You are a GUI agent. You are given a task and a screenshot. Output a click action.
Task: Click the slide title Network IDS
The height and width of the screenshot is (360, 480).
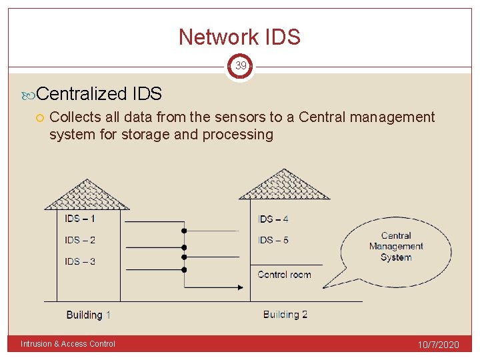coord(239,37)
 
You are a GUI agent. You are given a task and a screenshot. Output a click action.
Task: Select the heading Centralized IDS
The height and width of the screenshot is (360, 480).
coord(100,94)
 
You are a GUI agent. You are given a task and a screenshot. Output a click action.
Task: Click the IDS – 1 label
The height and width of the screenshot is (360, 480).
coord(80,218)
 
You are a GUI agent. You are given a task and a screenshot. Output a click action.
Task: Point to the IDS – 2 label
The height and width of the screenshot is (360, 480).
coord(80,240)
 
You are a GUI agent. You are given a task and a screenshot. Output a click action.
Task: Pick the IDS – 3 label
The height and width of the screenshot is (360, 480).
coord(80,261)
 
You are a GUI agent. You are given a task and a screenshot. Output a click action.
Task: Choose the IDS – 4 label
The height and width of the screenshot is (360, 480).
coord(273,219)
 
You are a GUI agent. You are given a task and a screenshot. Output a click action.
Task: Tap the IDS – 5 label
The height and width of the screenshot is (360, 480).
coord(273,240)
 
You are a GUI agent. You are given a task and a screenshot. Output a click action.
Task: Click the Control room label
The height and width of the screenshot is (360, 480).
coord(284,275)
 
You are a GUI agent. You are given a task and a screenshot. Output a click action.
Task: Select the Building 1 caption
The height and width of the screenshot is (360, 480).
coord(89,315)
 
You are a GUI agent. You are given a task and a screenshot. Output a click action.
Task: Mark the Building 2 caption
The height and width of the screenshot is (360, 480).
coord(285,315)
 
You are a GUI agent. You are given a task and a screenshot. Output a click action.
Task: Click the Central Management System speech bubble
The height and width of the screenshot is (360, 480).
coord(396,247)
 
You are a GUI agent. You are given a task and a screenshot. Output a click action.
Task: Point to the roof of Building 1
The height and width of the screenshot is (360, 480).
coord(87,195)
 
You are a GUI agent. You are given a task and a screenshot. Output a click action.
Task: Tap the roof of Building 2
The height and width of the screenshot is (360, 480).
coord(285,185)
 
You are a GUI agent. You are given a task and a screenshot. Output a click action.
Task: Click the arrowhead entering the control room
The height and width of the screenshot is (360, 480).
coord(245,287)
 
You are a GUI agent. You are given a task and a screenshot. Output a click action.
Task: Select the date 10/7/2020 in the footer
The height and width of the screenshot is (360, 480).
coord(438,345)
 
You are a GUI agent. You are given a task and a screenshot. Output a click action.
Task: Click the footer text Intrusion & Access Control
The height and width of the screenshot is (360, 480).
coord(68,344)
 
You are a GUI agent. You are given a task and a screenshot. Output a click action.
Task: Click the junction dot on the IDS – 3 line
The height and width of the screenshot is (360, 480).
coord(184,269)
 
